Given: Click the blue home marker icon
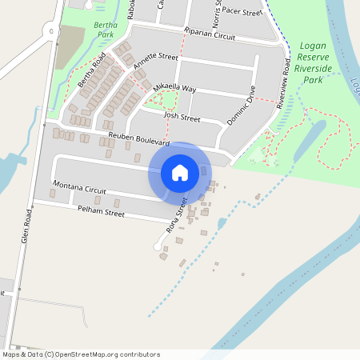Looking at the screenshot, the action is (x=180, y=172).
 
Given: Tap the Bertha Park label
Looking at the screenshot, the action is (x=105, y=30).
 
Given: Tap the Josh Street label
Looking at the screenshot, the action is (x=181, y=117).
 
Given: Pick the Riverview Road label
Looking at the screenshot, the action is (x=286, y=85).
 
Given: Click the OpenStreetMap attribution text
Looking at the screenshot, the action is (x=81, y=354).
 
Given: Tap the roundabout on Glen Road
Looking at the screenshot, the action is (x=50, y=32).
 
